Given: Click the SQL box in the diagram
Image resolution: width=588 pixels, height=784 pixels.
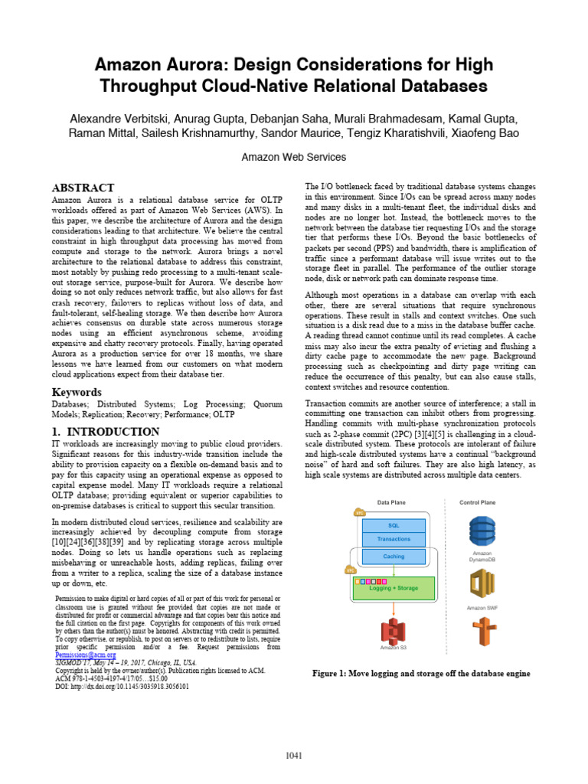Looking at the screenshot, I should (393, 524).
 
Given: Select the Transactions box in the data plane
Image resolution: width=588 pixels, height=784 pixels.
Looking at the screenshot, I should (393, 539).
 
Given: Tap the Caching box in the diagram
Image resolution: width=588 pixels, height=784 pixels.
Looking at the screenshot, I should (394, 557).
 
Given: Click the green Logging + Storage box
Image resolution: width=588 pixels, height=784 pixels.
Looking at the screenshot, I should (394, 587).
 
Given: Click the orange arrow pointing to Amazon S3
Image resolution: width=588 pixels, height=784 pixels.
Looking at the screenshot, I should (393, 609).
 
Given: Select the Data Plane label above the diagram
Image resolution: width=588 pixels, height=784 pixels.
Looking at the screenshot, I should (392, 502).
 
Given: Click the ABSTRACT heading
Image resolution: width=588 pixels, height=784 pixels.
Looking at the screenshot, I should (83, 188).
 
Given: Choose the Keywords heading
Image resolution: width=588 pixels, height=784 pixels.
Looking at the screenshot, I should (77, 393).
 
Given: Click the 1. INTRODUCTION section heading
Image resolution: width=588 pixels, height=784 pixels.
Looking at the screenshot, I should (105, 432).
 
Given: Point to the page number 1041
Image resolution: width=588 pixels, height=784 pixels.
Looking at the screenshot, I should (294, 756).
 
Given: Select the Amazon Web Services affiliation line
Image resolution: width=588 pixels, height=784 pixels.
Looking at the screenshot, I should (293, 157).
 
